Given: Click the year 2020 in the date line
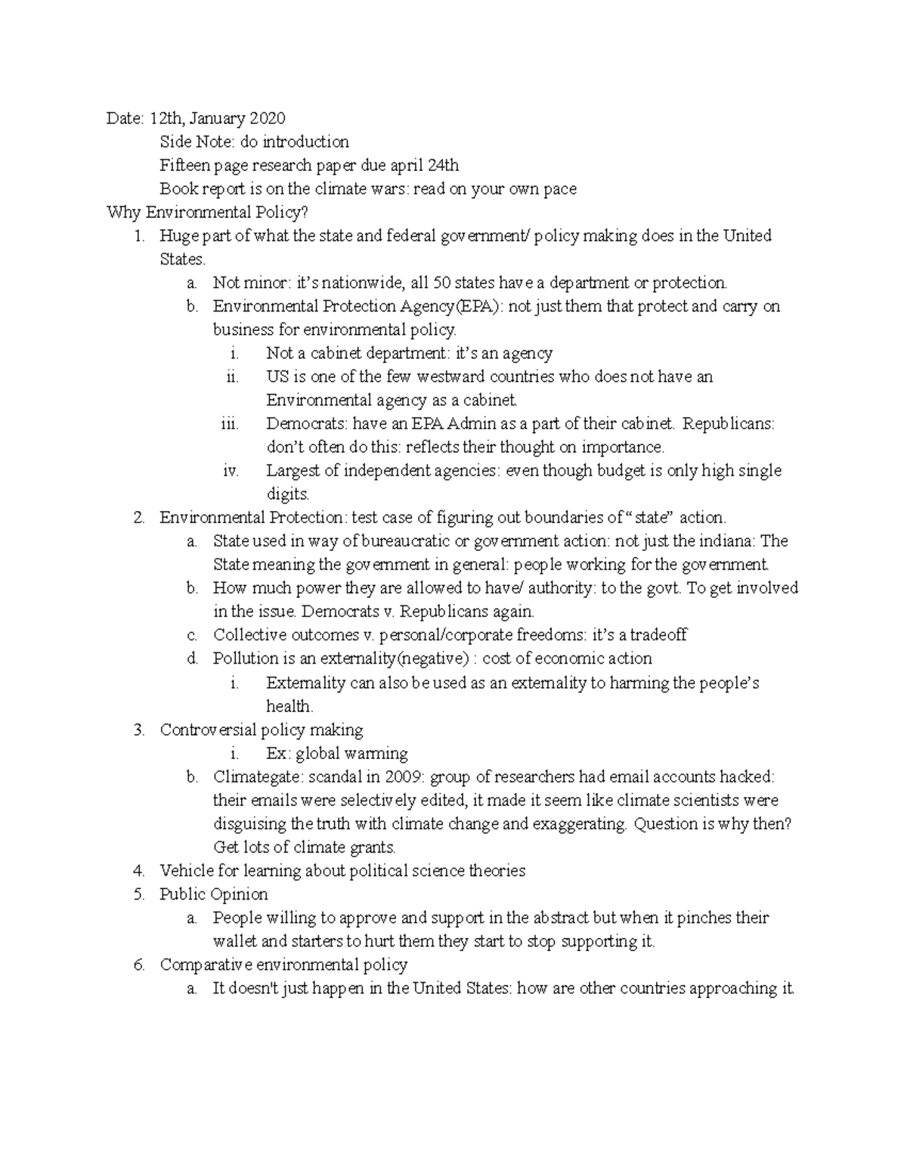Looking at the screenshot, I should click(x=268, y=118).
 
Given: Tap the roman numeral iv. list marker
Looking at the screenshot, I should click(x=231, y=471).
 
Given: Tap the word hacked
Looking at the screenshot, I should click(x=746, y=776).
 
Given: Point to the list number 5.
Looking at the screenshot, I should click(x=138, y=894).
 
